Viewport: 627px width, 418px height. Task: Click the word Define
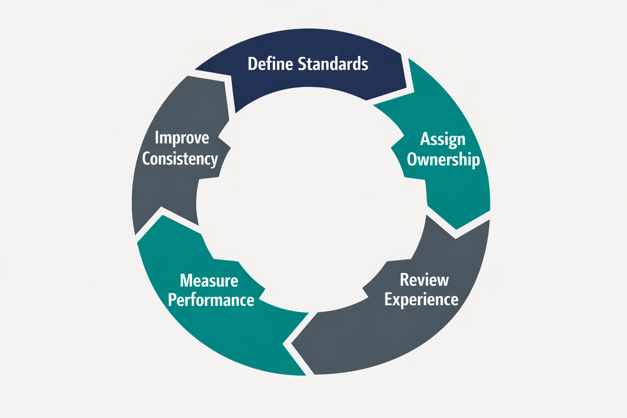coord(270,64)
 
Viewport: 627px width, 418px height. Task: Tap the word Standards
coord(333,64)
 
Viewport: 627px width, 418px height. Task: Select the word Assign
coord(443,139)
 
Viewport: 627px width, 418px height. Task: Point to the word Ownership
coord(443,159)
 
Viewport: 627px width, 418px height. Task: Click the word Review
coord(424,280)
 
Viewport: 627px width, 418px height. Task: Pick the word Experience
coord(421,300)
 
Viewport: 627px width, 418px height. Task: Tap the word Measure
coord(209,281)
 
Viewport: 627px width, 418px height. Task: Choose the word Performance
coord(211,300)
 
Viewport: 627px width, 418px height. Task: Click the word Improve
coord(182,138)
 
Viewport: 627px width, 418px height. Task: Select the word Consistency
coord(180,158)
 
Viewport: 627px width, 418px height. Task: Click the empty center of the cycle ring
coord(310,200)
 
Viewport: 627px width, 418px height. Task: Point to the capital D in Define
coord(253,64)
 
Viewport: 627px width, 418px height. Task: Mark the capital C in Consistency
coord(147,158)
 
